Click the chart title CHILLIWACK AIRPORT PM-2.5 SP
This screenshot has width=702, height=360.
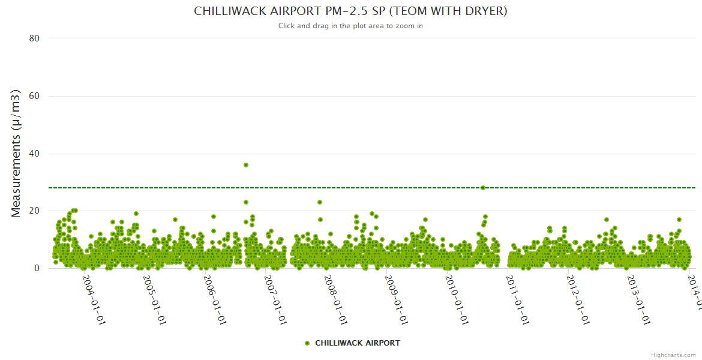pos(350,11)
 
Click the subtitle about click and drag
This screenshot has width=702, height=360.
pos(350,26)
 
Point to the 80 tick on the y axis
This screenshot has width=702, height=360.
pos(34,38)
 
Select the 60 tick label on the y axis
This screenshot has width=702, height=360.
pos(34,96)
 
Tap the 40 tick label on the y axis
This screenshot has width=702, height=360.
pos(34,154)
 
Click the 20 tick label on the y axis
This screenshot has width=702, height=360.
pos(34,211)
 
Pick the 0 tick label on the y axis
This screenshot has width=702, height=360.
pos(37,268)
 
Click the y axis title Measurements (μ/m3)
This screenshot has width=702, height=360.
pos(16,153)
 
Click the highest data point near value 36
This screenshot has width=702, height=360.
pos(246,165)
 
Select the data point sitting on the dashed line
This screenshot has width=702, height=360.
pos(482,188)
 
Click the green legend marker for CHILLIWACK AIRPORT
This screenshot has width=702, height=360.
pos(307,343)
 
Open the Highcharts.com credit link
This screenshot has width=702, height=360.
pos(673,355)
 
